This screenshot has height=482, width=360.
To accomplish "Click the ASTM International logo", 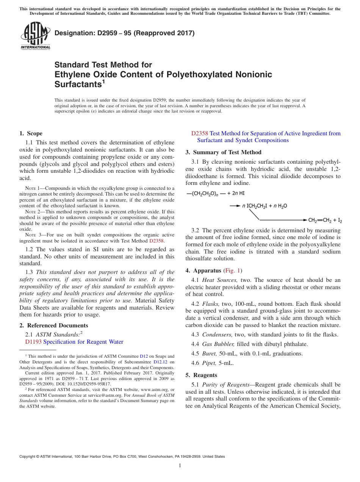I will tap(35, 36).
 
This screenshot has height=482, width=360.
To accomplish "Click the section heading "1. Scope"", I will tap(31, 133).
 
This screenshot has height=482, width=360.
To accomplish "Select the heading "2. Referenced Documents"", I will tap(53, 326).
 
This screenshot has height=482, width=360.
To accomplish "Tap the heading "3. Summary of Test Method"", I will tap(223, 152).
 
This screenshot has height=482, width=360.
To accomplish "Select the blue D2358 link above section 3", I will tap(200, 133).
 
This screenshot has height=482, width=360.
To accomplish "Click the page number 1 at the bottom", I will tap(180, 465).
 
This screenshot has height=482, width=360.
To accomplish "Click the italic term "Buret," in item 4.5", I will tap(210, 354).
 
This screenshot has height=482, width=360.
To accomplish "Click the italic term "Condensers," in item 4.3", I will tap(218, 335).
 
